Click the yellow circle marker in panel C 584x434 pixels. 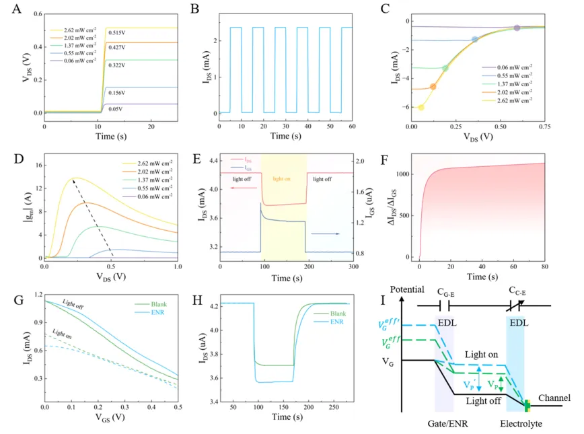click(422, 107)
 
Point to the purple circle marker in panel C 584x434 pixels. click(517, 28)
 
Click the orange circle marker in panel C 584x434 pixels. click(433, 86)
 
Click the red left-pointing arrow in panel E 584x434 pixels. click(242, 190)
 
